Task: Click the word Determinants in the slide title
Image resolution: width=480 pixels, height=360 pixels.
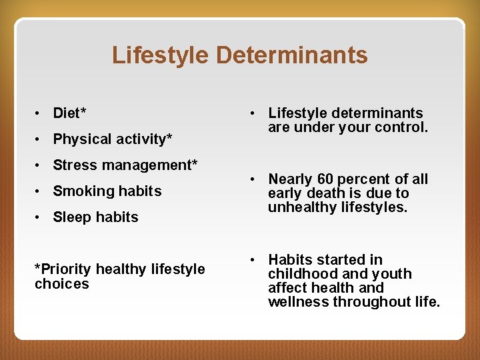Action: tap(291, 55)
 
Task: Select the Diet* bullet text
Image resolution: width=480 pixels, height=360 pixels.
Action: tap(69, 113)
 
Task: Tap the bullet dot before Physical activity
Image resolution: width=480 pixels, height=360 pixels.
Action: tap(39, 139)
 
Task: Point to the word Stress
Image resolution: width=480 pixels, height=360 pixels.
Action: tap(74, 165)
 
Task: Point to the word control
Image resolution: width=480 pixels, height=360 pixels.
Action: tap(404, 127)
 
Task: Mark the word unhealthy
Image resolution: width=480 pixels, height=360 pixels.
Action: tap(300, 207)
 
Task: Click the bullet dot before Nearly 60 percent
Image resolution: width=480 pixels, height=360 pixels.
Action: tap(254, 179)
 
